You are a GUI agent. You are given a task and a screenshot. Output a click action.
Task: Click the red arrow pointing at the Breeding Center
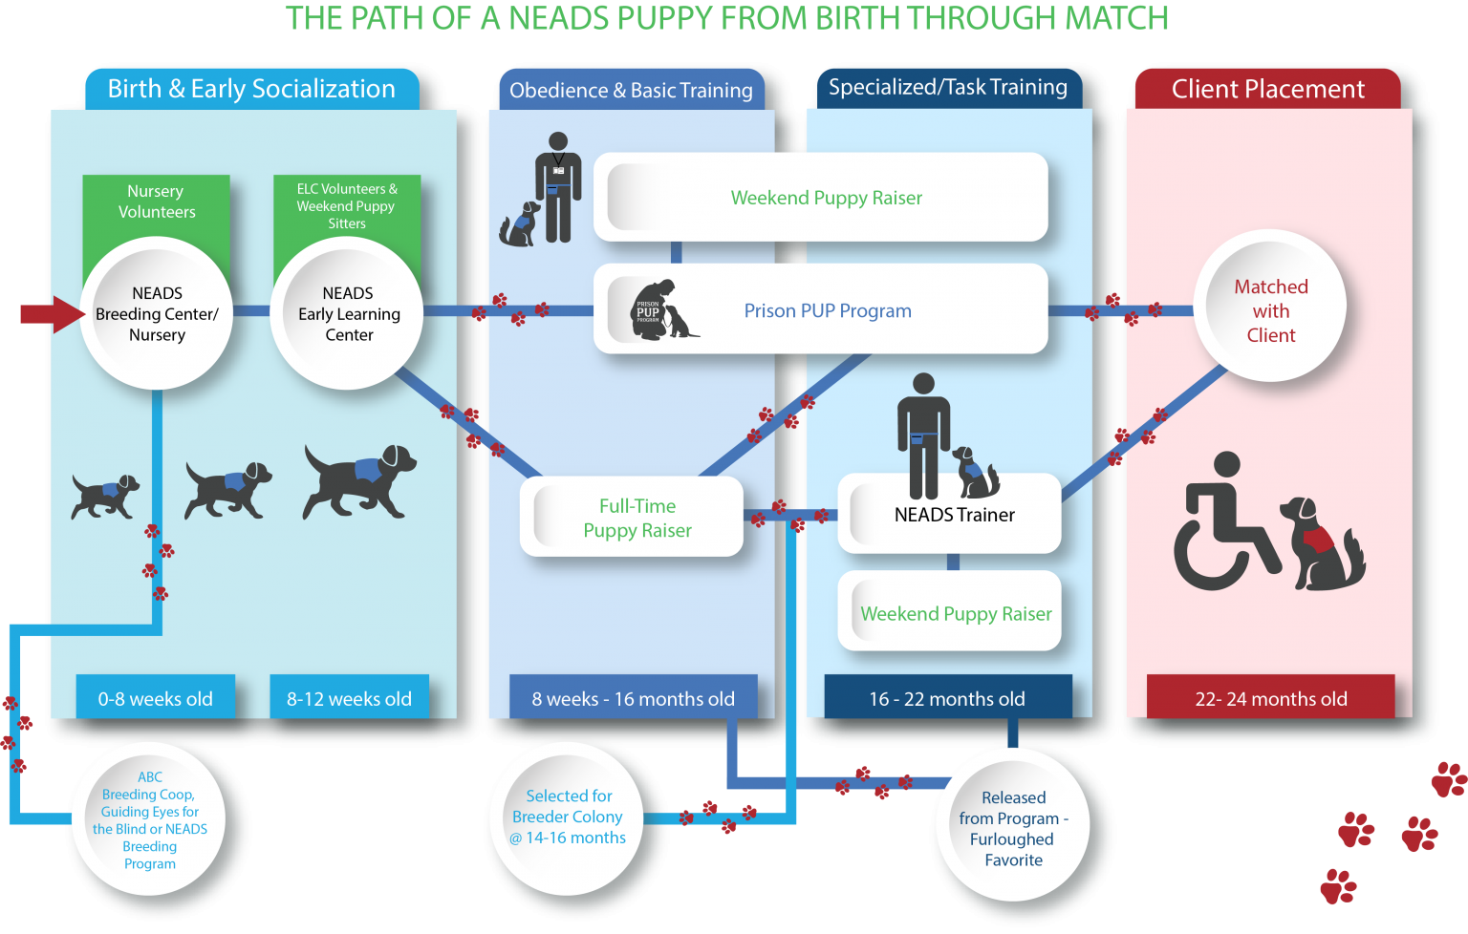(52, 314)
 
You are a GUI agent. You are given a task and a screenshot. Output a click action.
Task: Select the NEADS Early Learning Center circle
(348, 313)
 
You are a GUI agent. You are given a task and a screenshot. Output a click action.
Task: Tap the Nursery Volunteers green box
(156, 202)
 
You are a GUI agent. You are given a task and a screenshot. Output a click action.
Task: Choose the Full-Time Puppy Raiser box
(632, 518)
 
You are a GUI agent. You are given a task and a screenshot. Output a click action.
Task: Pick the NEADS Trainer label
(954, 516)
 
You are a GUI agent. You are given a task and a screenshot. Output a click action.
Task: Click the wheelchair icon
(1223, 525)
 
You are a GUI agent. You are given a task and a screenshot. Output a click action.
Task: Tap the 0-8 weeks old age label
(155, 698)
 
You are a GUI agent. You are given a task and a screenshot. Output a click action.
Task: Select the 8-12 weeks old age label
(349, 698)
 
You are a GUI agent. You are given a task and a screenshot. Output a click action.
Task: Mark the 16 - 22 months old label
(947, 698)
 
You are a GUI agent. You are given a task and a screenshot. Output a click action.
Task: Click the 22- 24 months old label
(1270, 698)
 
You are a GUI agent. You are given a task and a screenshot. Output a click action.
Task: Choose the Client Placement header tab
(1267, 89)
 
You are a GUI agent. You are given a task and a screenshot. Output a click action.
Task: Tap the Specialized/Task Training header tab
(947, 88)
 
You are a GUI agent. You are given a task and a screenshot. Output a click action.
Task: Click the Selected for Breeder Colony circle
(568, 817)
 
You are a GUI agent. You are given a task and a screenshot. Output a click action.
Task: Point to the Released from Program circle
(1013, 828)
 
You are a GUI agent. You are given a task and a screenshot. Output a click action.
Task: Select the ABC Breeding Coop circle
(150, 819)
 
